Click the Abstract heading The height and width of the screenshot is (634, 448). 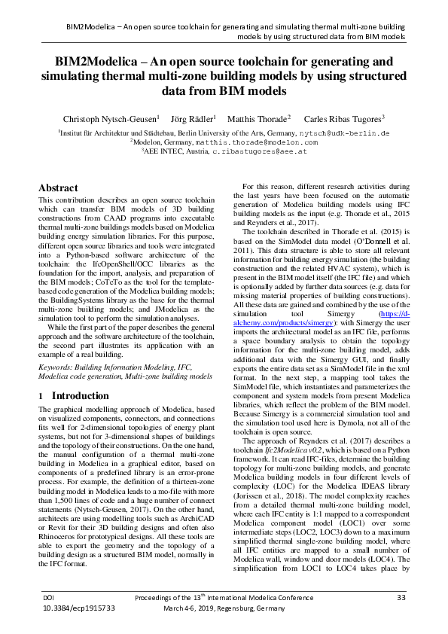coord(58,187)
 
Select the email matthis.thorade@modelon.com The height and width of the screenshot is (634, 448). coord(254,141)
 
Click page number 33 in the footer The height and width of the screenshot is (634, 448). coord(401,597)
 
